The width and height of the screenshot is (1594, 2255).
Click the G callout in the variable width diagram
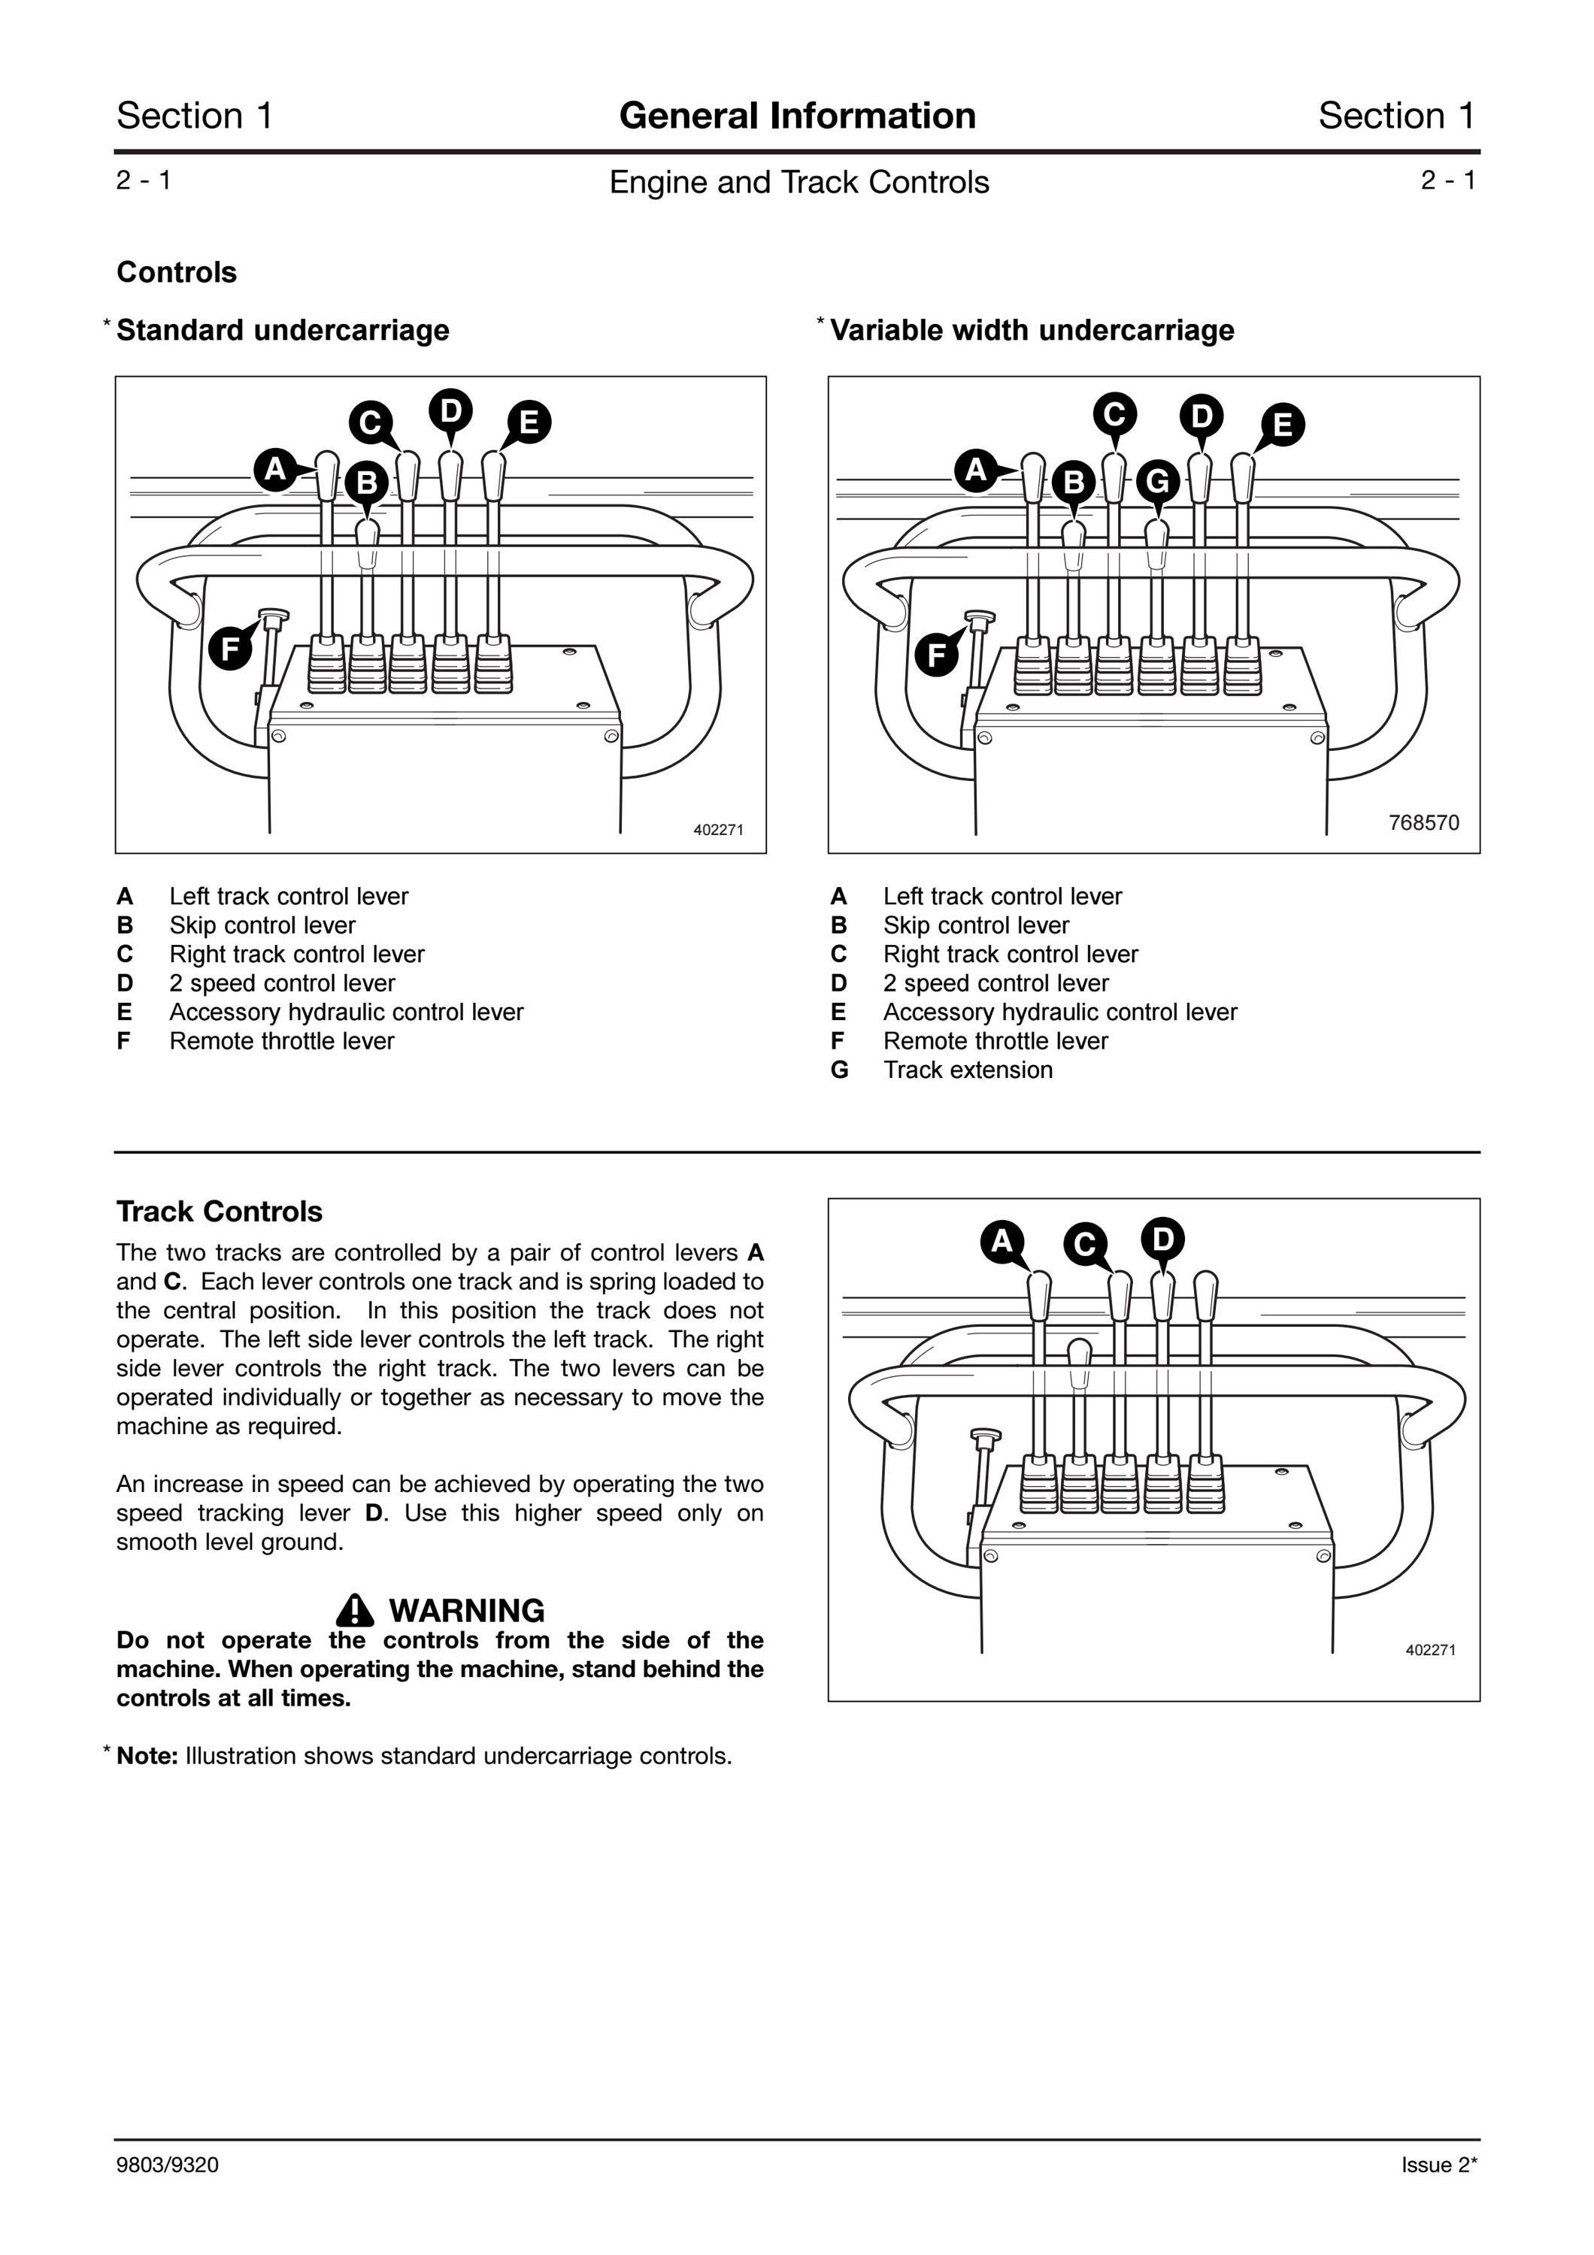(1158, 481)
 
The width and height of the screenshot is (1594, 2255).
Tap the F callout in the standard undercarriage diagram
(231, 648)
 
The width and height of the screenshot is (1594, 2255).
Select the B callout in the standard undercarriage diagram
(366, 483)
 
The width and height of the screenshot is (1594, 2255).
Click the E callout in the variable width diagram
(1283, 425)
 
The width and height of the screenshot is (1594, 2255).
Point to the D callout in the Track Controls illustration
(1163, 1239)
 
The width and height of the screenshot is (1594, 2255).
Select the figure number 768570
(1424, 823)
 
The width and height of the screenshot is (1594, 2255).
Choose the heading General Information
(798, 116)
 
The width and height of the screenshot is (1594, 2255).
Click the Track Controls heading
(219, 1211)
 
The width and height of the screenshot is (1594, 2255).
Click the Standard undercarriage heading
(283, 330)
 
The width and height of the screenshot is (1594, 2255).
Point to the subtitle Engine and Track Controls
(799, 182)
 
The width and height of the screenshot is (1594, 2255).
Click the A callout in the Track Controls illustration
(1002, 1242)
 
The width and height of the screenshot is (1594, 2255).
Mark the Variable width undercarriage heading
(1032, 330)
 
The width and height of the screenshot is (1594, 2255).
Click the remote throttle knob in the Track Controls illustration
(984, 1438)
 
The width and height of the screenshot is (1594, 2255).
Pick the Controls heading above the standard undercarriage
(177, 272)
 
